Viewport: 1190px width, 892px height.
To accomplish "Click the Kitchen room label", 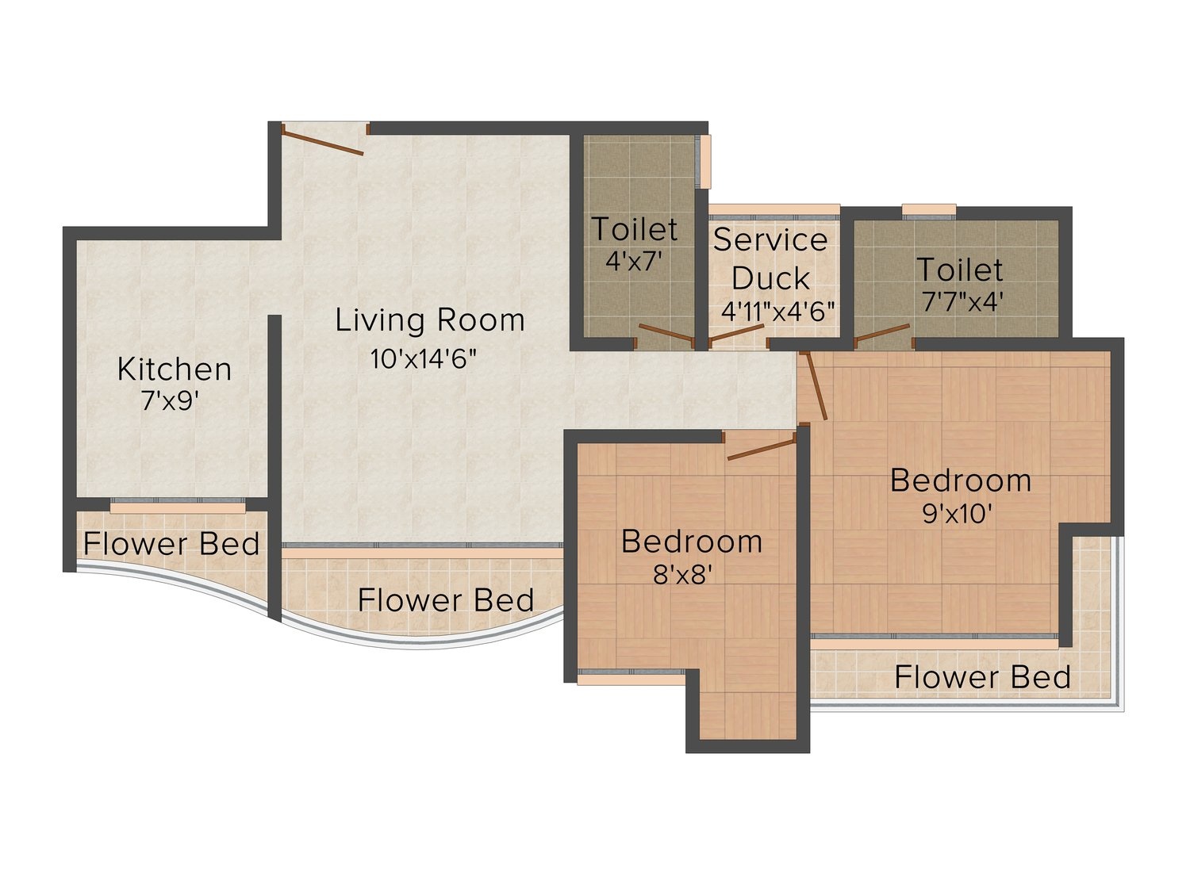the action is pos(175,370).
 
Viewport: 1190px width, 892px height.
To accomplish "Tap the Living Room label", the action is pos(430,320).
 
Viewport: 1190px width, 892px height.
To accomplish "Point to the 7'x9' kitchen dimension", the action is pos(170,400).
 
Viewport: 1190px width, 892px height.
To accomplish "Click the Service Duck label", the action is pos(770,259).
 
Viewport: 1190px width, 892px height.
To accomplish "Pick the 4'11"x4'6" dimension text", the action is pos(777,312).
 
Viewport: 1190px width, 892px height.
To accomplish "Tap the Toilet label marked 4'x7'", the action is pos(635,229).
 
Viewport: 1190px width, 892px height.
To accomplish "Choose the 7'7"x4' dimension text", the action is pos(960,301).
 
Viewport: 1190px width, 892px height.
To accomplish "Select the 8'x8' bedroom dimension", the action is pos(682,574).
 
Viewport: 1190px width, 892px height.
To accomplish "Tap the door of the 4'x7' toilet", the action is pos(666,334).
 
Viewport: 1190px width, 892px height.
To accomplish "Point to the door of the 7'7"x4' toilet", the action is pos(882,334).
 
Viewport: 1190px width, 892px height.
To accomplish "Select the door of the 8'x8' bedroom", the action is pos(761,449).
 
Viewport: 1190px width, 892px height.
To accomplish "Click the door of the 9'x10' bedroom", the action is pos(814,385).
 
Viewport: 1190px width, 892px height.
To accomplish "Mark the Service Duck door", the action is pos(736,333).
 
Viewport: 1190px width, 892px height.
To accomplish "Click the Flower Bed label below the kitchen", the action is pos(171,544).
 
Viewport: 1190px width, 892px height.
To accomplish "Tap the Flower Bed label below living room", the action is pos(446,600).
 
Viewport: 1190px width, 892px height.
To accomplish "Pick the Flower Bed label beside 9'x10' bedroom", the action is pos(982,677).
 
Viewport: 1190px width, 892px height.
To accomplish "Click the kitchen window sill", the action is pos(178,507).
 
